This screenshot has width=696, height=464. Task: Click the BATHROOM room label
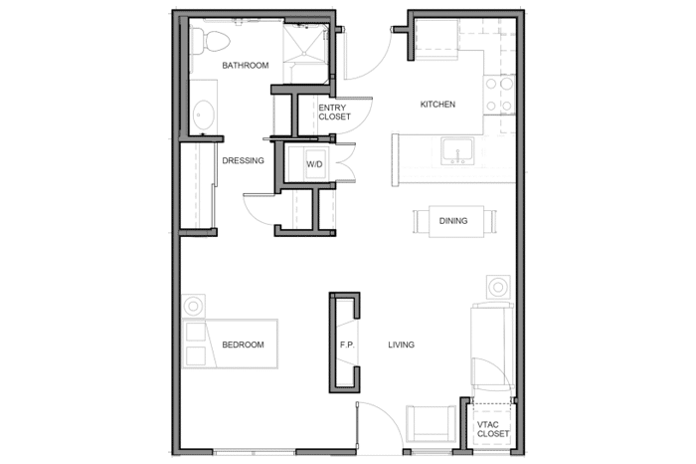coord(246,66)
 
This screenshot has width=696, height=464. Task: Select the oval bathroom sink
coord(204,115)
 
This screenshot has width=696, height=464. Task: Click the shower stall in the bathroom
coord(306,43)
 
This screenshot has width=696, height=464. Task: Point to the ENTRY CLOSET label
coord(334,112)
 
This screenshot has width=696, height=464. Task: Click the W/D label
coord(314,164)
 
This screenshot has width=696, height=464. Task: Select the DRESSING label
coord(243,160)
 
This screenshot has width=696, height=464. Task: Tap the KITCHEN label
coord(437,105)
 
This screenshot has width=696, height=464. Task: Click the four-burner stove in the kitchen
coord(499,95)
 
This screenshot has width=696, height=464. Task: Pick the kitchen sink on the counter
coord(457,150)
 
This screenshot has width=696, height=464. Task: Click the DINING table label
coord(453,221)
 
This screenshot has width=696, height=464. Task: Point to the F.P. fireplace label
coord(347,345)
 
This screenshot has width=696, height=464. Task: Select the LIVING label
coord(402,345)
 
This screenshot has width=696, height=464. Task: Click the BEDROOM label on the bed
coord(243,345)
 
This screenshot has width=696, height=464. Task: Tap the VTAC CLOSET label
coord(493,429)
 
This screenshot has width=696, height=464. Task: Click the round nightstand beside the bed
coord(194,306)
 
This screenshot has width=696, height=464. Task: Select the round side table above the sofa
coord(498,287)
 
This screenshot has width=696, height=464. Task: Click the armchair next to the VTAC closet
coord(431,424)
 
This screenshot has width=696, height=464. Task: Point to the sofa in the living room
coord(493,346)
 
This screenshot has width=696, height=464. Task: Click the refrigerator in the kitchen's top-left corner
coord(437,40)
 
